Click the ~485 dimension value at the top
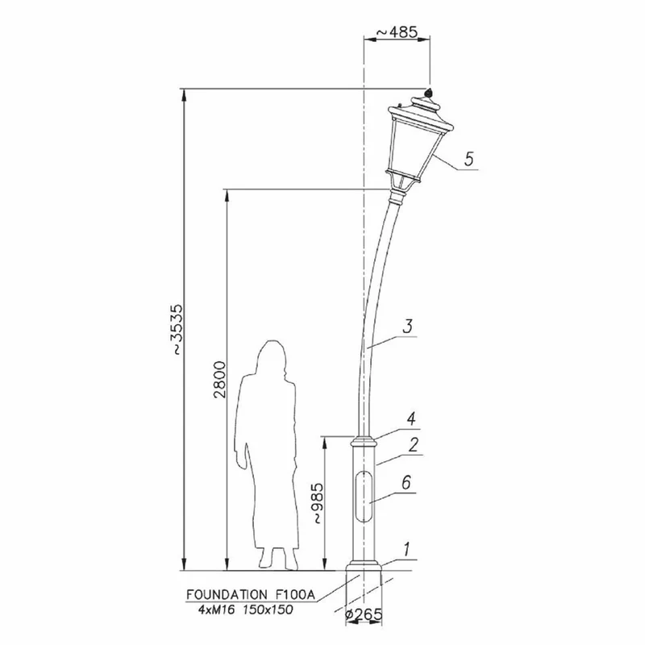(397, 31)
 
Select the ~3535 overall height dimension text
(177, 329)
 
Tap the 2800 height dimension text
(220, 379)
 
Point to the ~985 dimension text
(318, 503)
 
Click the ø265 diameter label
(364, 614)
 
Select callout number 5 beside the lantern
(469, 159)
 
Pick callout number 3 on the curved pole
(407, 327)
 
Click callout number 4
(411, 418)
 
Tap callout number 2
(414, 445)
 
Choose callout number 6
(406, 482)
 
